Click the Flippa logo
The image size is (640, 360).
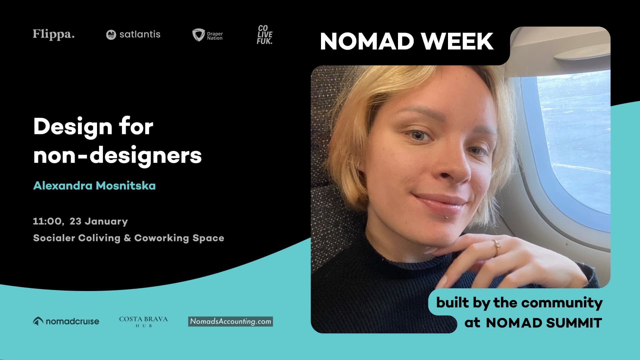(x=54, y=34)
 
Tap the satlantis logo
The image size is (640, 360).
(x=133, y=34)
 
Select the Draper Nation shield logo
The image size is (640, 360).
(x=199, y=35)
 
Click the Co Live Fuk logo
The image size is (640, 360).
(x=265, y=35)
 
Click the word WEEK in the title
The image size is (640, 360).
(x=457, y=41)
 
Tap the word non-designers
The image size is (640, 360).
(x=117, y=155)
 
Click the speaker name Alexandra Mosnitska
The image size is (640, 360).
(x=94, y=186)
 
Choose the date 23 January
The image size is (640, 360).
(x=99, y=221)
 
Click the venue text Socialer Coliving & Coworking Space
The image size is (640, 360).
(x=129, y=238)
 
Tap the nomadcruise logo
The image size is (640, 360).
(x=66, y=321)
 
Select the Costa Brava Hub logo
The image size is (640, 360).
(x=143, y=321)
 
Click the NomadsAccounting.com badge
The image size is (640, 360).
(x=230, y=321)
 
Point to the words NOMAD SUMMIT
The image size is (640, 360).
(x=544, y=323)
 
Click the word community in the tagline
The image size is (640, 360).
(x=562, y=303)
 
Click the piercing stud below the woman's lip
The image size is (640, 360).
(x=446, y=217)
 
